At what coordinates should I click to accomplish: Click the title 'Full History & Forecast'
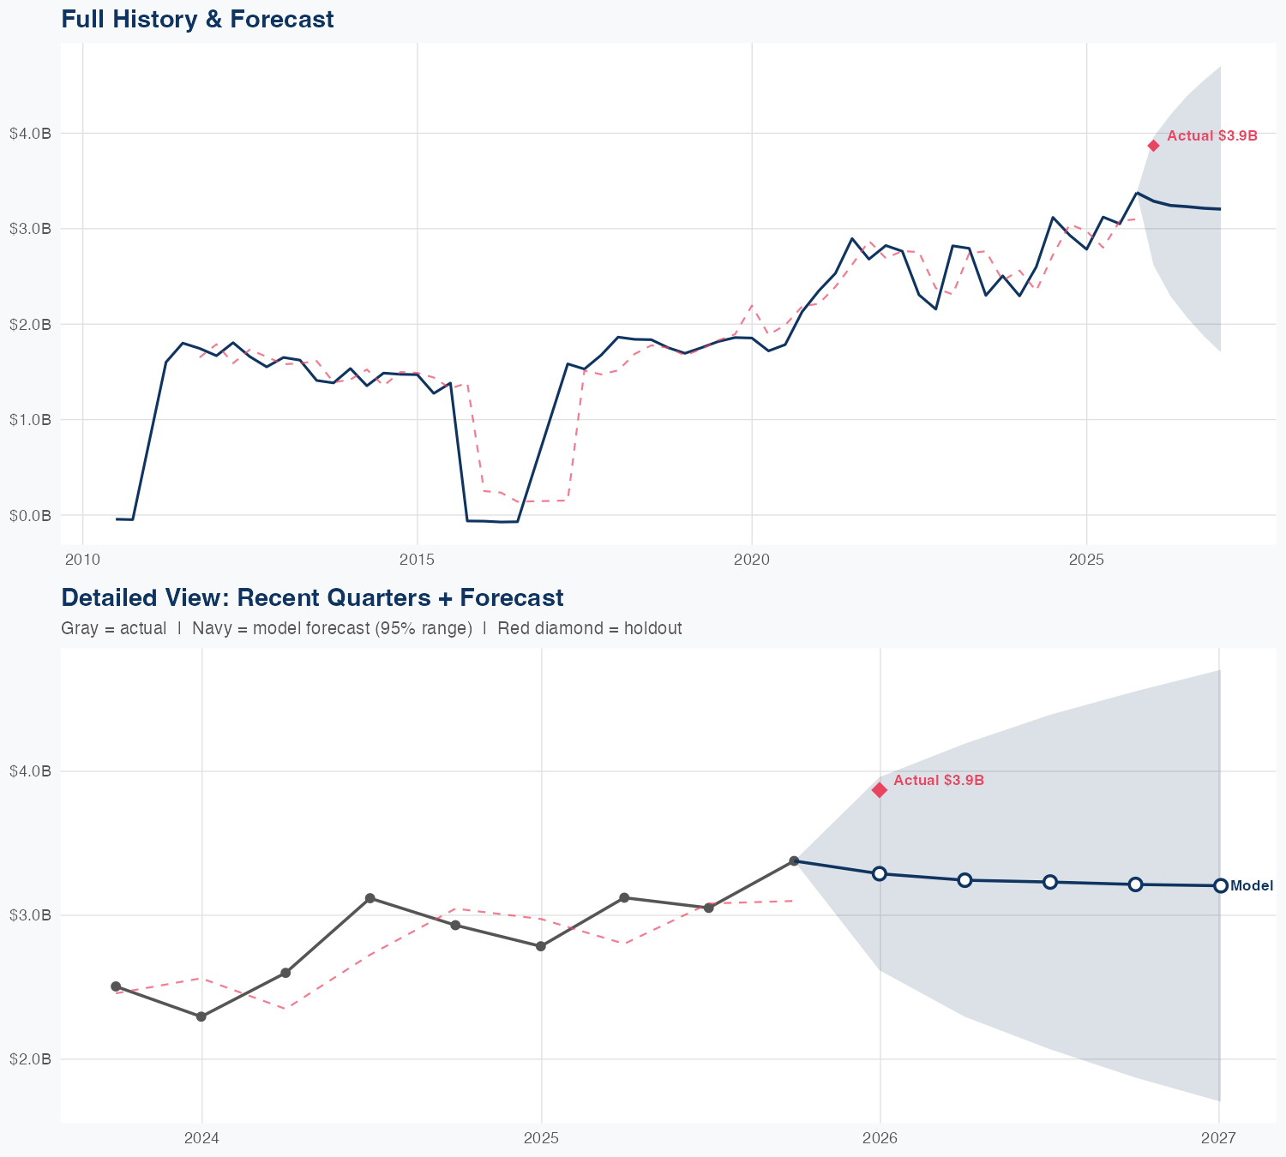point(197,19)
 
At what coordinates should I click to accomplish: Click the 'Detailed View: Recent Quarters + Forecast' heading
point(312,597)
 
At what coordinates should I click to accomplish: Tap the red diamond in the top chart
point(1154,146)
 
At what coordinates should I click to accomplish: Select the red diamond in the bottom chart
point(880,790)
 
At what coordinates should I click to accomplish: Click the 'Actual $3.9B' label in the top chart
point(1212,135)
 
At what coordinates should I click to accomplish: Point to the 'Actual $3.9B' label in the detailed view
point(939,781)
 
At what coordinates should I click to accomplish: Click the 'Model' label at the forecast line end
point(1252,886)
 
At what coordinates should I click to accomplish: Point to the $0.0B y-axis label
point(30,515)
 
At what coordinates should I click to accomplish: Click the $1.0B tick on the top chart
point(30,420)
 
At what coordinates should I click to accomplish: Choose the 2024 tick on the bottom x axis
point(202,1138)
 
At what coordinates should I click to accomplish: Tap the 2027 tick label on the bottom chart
point(1218,1138)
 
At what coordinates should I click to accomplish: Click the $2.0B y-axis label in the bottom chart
point(30,1059)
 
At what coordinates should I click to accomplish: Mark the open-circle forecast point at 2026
point(880,873)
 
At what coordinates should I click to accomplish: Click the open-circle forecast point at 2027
point(1220,885)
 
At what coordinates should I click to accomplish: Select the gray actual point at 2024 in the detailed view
point(201,1016)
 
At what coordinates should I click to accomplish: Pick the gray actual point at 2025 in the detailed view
point(541,946)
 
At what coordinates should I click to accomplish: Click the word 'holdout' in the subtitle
point(653,628)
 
